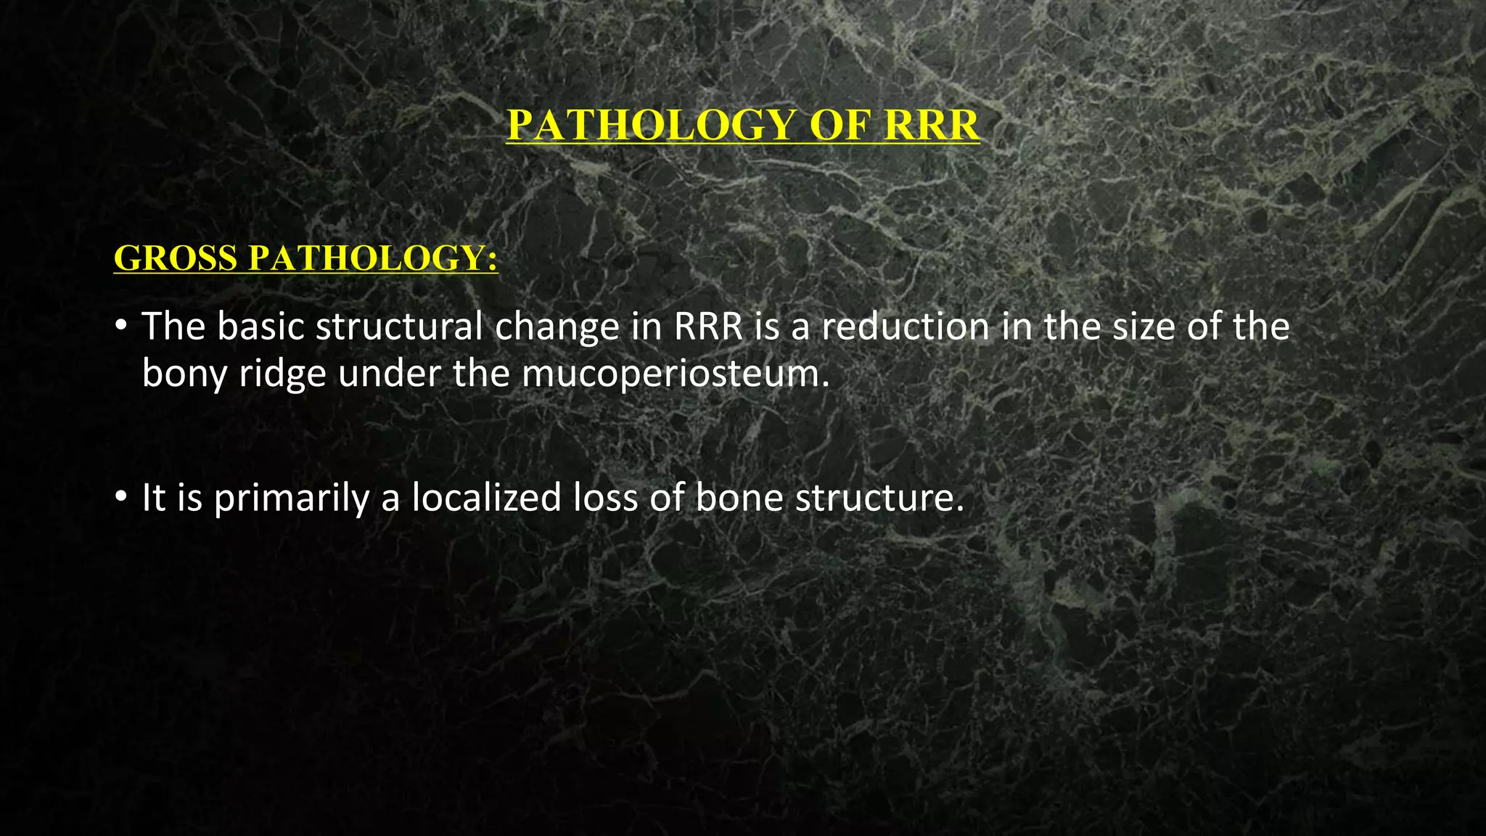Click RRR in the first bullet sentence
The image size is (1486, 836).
pos(709,327)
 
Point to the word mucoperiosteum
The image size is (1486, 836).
pos(675,374)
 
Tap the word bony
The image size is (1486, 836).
pos(184,374)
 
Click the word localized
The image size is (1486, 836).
pos(487,498)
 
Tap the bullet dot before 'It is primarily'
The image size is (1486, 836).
pos(120,498)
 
